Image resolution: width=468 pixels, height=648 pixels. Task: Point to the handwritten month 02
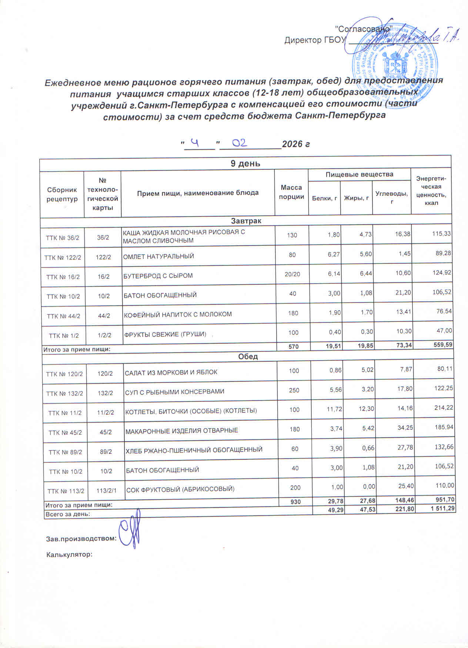click(x=240, y=142)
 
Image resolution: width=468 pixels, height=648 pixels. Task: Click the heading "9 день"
click(x=245, y=163)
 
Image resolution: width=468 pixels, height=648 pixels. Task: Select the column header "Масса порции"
click(x=291, y=192)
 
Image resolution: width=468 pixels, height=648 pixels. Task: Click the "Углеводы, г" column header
click(x=392, y=198)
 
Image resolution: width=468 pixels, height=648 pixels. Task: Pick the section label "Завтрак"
click(x=246, y=221)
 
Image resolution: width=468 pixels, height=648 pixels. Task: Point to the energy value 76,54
click(x=444, y=311)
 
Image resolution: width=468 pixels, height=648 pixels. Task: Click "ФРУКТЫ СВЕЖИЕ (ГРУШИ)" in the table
click(x=165, y=334)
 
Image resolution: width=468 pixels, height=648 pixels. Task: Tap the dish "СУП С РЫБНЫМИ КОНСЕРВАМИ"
click(x=174, y=391)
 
